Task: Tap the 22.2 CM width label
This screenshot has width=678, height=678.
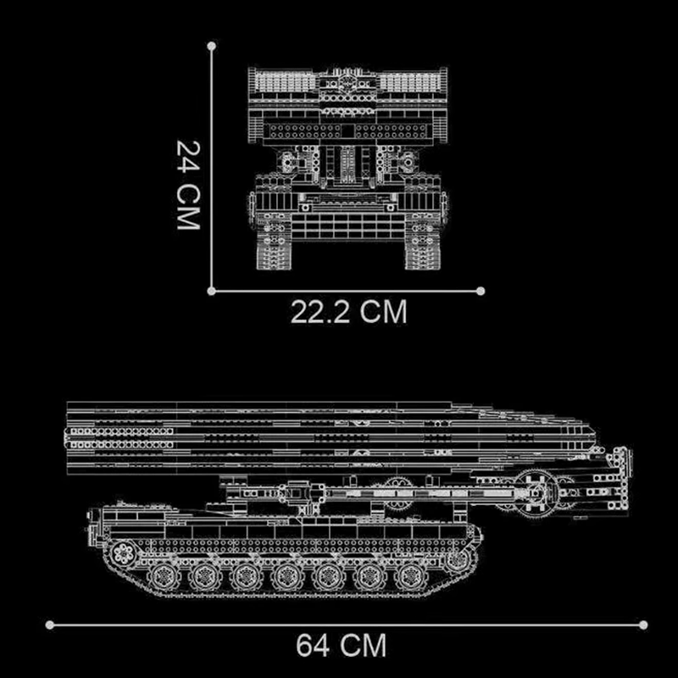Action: (x=349, y=312)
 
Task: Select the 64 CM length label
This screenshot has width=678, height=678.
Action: (x=341, y=646)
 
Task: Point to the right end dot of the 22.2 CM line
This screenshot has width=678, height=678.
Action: (x=481, y=291)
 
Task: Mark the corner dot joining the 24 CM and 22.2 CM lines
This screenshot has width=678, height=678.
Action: (x=210, y=291)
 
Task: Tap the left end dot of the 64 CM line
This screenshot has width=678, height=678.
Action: (x=50, y=625)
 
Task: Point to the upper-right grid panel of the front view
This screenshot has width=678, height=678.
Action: (x=408, y=82)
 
